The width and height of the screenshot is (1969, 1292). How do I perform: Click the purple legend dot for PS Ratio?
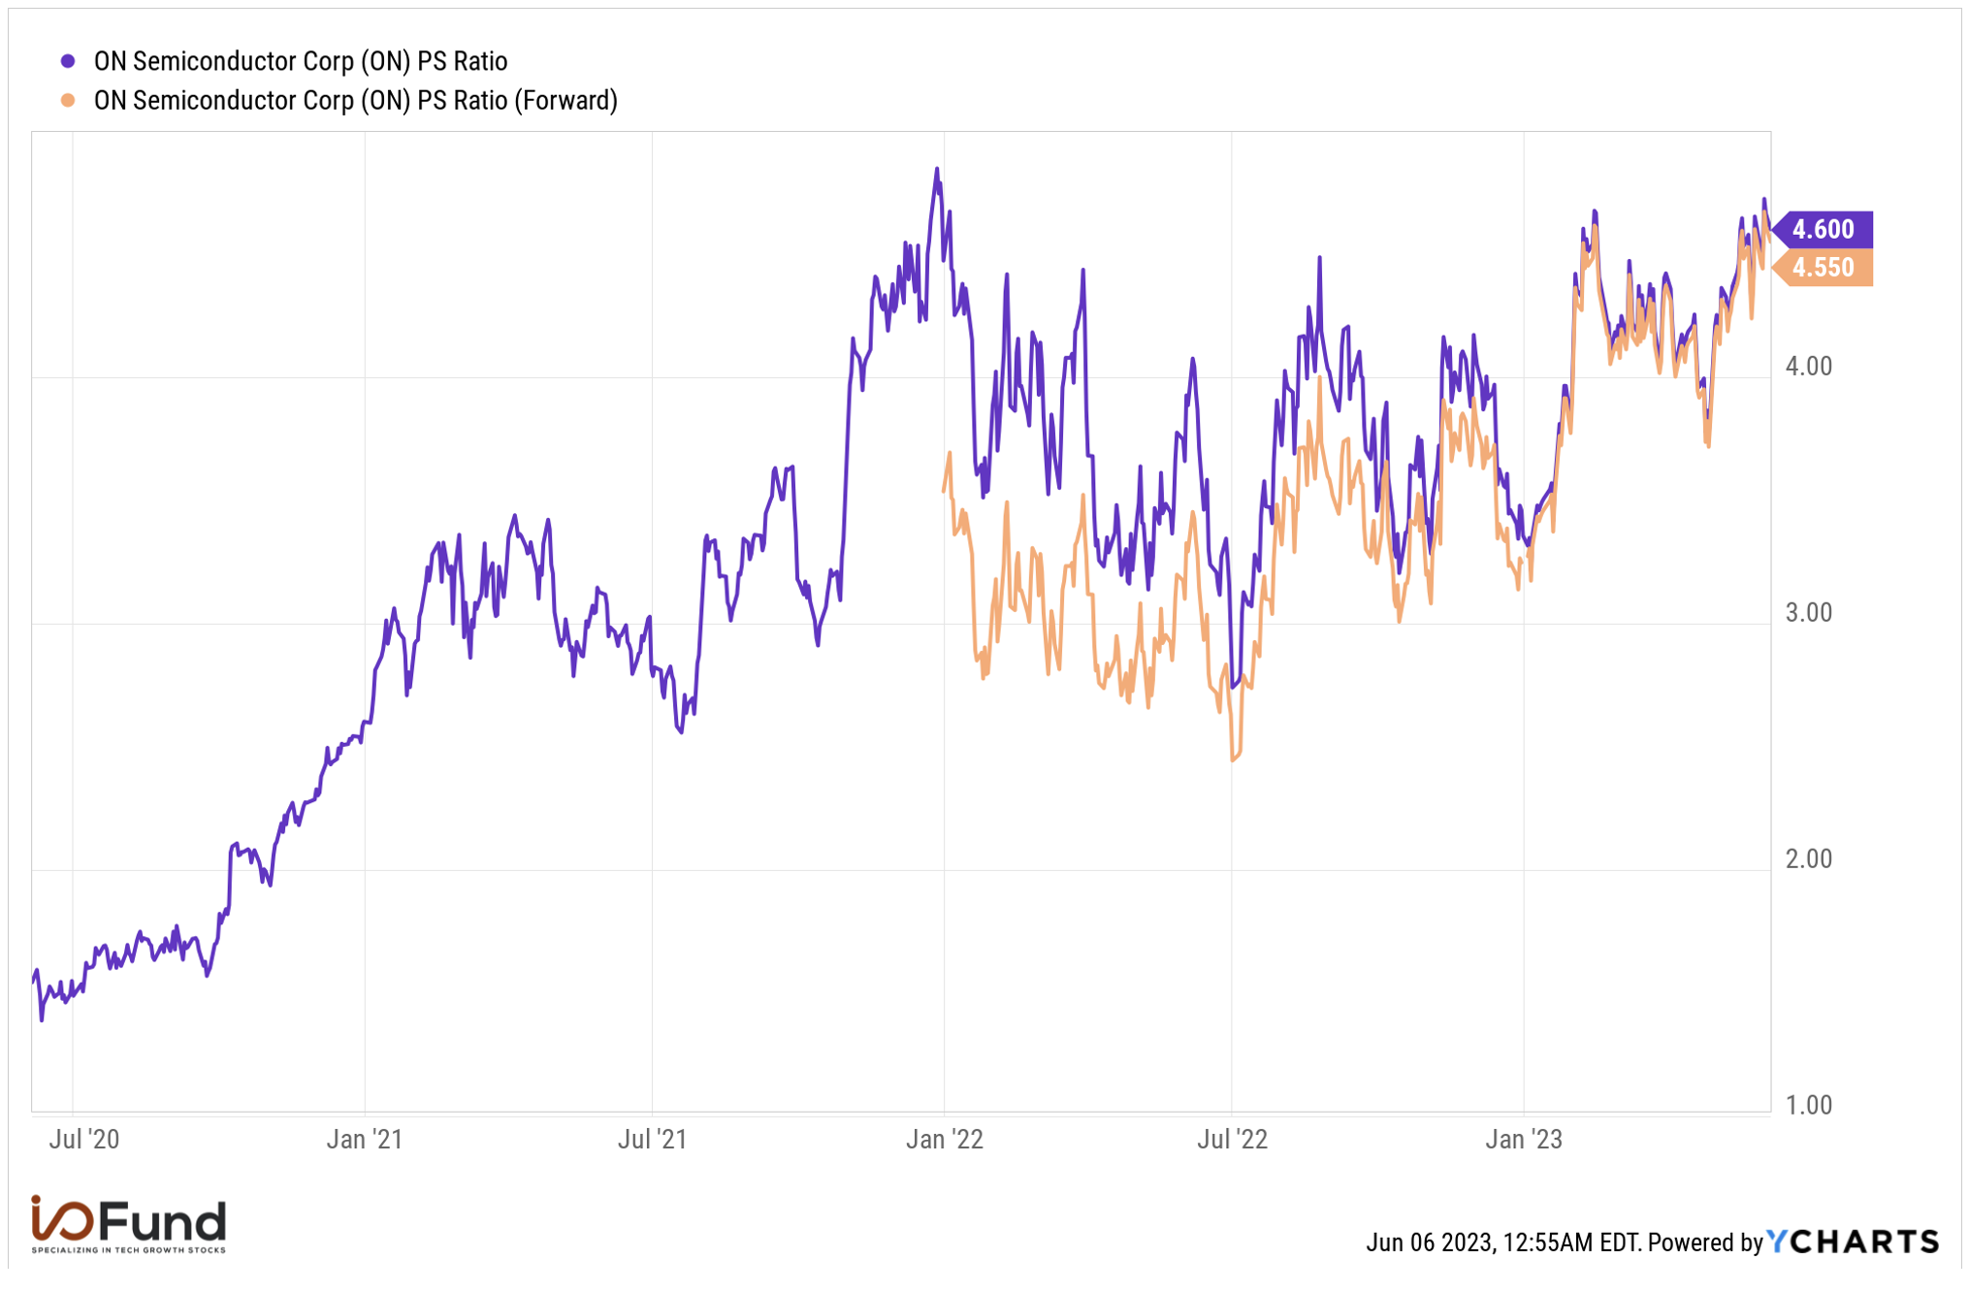pyautogui.click(x=68, y=61)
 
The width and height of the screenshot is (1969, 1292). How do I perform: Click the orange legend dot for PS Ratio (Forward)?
pyautogui.click(x=68, y=100)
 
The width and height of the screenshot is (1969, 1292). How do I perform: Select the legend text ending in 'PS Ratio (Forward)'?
pyautogui.click(x=355, y=101)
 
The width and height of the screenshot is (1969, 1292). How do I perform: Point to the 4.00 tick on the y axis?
pyautogui.click(x=1809, y=367)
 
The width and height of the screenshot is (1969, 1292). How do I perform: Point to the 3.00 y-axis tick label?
pyautogui.click(x=1809, y=613)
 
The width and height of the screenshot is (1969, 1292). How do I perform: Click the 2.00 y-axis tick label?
pyautogui.click(x=1809, y=859)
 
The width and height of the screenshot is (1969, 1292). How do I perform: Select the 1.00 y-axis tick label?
pyautogui.click(x=1809, y=1106)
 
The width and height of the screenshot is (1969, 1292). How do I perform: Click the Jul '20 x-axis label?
pyautogui.click(x=84, y=1139)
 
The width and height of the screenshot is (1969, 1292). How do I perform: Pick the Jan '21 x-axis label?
pyautogui.click(x=365, y=1139)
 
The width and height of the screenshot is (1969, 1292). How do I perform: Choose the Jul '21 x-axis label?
pyautogui.click(x=653, y=1139)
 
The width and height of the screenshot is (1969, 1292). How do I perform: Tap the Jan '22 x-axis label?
pyautogui.click(x=945, y=1139)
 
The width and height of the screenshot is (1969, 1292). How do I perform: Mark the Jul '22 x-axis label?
pyautogui.click(x=1233, y=1139)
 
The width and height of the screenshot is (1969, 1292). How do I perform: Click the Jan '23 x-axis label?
pyautogui.click(x=1524, y=1139)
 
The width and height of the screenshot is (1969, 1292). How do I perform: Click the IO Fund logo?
pyautogui.click(x=128, y=1224)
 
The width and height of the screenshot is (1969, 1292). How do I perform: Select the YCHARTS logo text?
pyautogui.click(x=1853, y=1242)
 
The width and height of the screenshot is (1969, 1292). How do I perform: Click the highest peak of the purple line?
pyautogui.click(x=937, y=169)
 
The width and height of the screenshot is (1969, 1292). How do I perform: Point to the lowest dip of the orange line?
pyautogui.click(x=1234, y=760)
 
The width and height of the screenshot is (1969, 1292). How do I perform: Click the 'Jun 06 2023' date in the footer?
pyautogui.click(x=1431, y=1243)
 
